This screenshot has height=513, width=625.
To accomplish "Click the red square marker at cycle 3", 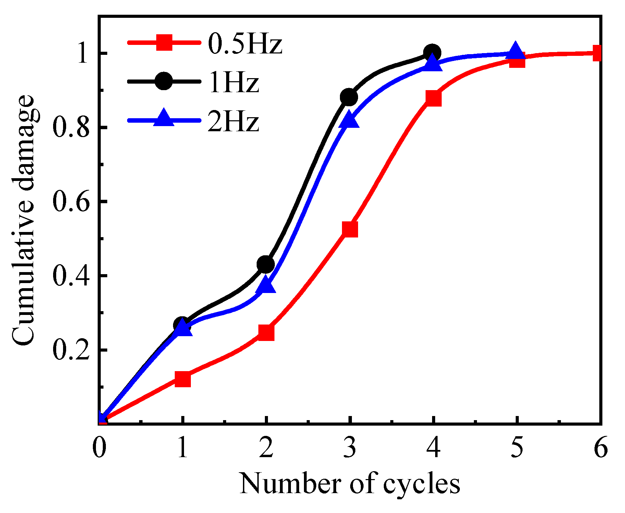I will pyautogui.click(x=350, y=229).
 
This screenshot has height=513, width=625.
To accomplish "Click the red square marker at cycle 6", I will pyautogui.click(x=598, y=53).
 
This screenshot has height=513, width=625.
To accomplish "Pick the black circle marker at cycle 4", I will pyautogui.click(x=432, y=53).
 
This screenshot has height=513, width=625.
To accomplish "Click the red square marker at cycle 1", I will pyautogui.click(x=183, y=379).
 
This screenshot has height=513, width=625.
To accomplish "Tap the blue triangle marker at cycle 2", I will pyautogui.click(x=266, y=285).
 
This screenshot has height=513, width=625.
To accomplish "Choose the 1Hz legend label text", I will pyautogui.click(x=233, y=83).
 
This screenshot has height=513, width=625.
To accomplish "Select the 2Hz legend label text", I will pyautogui.click(x=233, y=122).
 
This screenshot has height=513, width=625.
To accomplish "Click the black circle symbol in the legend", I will pyautogui.click(x=164, y=82).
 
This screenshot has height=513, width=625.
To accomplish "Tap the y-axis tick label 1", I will pyautogui.click(x=83, y=53).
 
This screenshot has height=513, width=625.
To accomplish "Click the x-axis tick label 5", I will pyautogui.click(x=517, y=448).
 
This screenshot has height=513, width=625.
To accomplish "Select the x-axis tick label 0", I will pyautogui.click(x=99, y=448).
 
